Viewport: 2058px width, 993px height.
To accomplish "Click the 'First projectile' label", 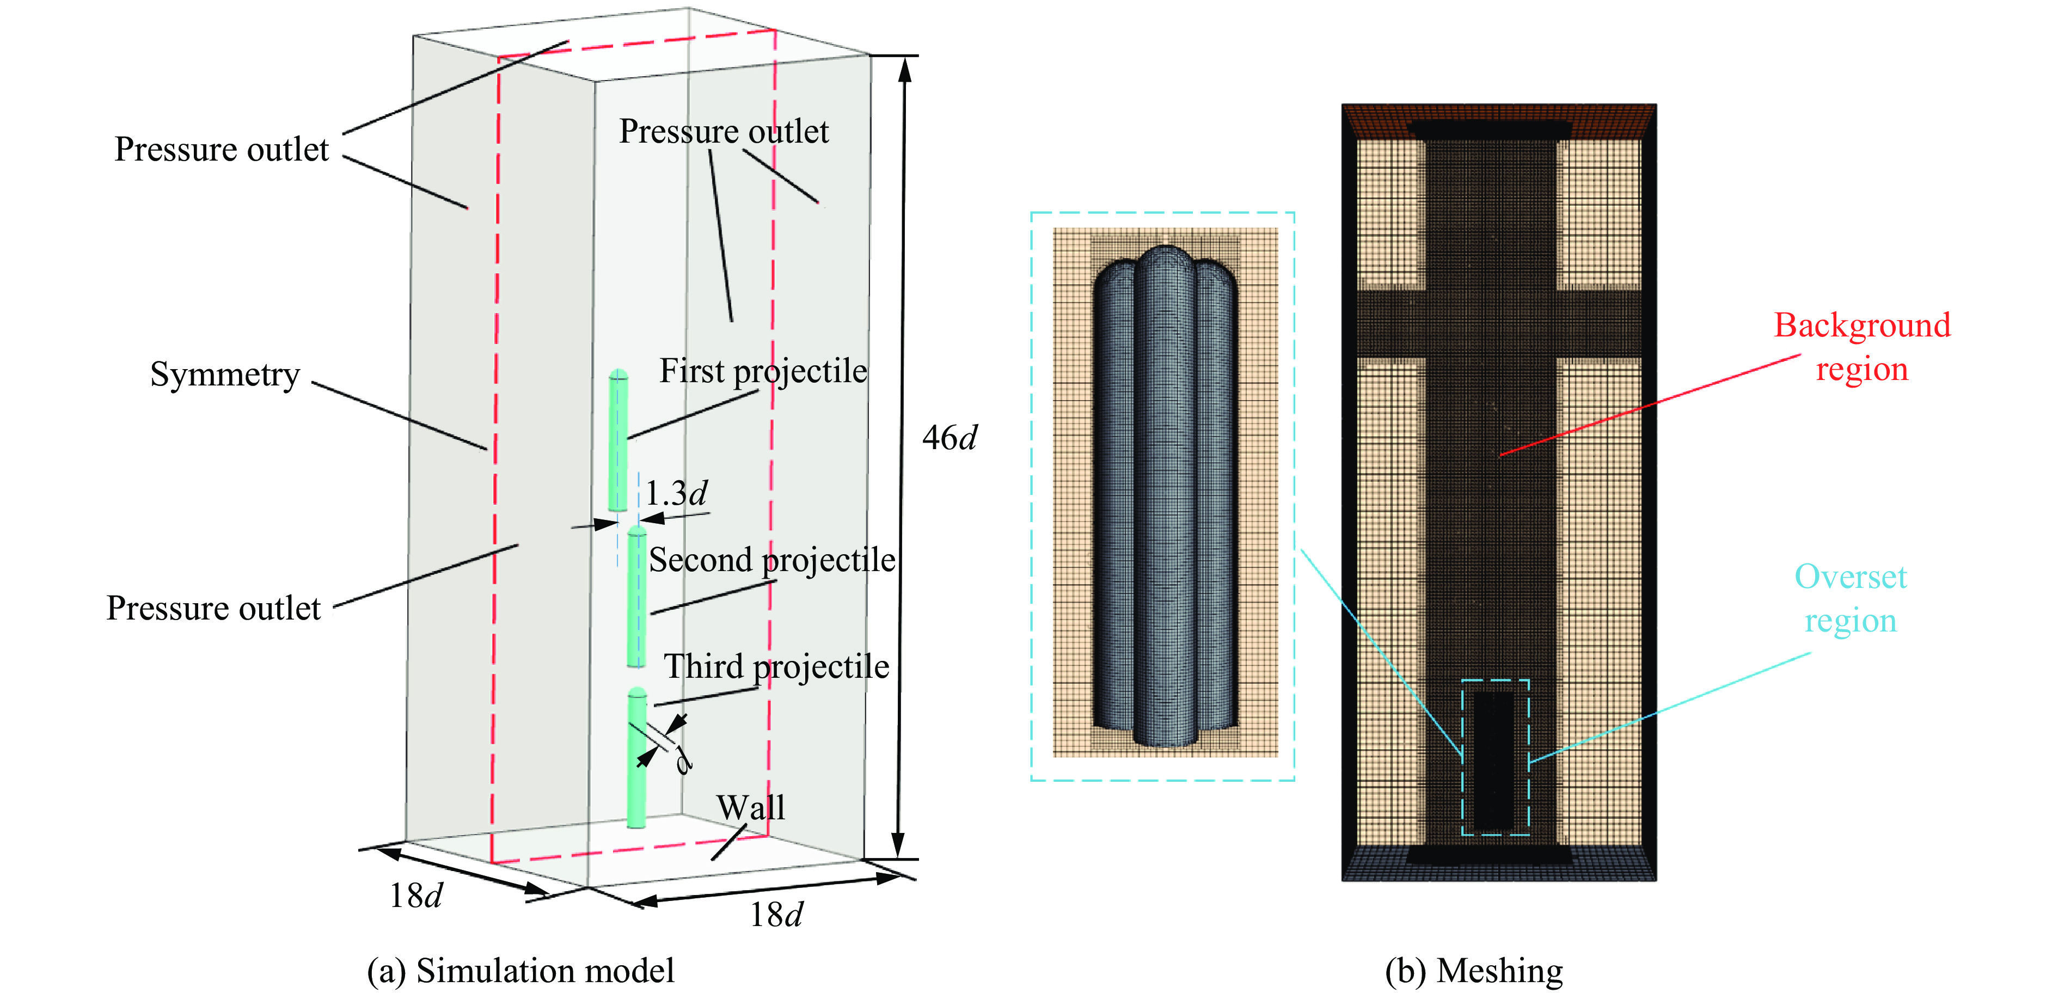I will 762,371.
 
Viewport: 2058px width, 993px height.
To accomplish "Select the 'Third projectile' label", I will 776,667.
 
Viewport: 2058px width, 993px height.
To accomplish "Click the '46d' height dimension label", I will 949,438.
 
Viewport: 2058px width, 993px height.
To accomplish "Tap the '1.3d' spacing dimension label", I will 676,493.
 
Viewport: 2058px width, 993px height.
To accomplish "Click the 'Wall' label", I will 750,808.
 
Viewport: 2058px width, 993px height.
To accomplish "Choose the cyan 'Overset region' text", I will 1850,598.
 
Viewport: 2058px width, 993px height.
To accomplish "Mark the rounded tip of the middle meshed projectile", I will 1166,256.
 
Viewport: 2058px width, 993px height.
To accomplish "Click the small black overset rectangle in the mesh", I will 1494,759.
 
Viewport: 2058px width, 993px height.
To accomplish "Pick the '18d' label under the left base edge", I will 415,896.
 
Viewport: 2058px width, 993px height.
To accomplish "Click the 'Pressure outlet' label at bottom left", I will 213,609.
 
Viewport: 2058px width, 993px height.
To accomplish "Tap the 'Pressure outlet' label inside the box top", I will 724,132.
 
